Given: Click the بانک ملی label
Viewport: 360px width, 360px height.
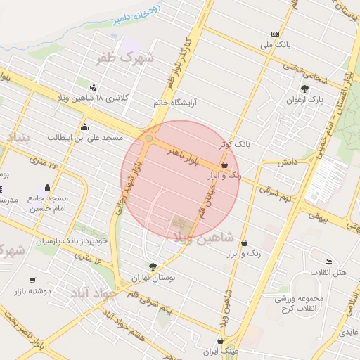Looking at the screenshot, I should coord(275,46).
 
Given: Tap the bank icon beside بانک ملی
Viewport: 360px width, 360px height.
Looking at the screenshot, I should coord(274,34).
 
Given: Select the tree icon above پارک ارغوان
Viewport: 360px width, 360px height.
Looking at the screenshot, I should coord(304,89).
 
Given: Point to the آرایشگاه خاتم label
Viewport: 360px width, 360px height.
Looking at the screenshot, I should coord(175,103).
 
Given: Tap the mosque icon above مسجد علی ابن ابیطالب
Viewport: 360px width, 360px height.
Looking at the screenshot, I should coord(84,127).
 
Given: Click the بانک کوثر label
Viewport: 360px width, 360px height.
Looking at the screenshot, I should coord(234,144).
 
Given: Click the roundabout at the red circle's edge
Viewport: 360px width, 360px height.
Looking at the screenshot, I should coord(148,139).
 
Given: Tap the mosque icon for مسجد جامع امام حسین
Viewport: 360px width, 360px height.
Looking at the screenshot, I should coord(47,187).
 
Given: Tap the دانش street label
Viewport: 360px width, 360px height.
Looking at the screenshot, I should coord(285,162).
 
